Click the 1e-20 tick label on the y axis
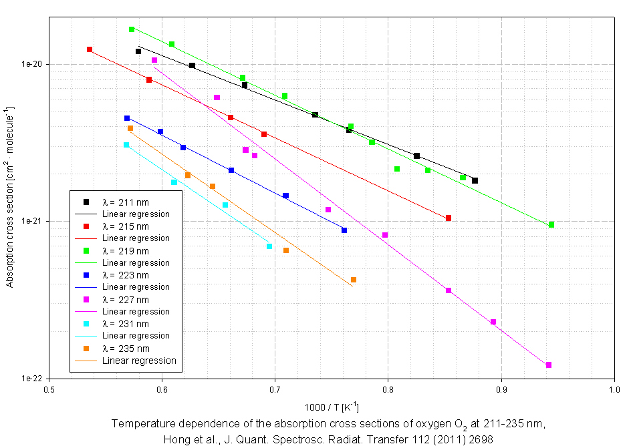[31, 64]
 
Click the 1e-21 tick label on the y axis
[31, 221]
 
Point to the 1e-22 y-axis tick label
[31, 378]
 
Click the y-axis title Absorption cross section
[10, 197]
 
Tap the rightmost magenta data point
[549, 365]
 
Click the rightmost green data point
[551, 224]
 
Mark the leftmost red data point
[90, 49]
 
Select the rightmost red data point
[449, 218]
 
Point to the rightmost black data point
[475, 181]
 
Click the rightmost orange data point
[354, 280]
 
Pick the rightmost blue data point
[344, 230]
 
